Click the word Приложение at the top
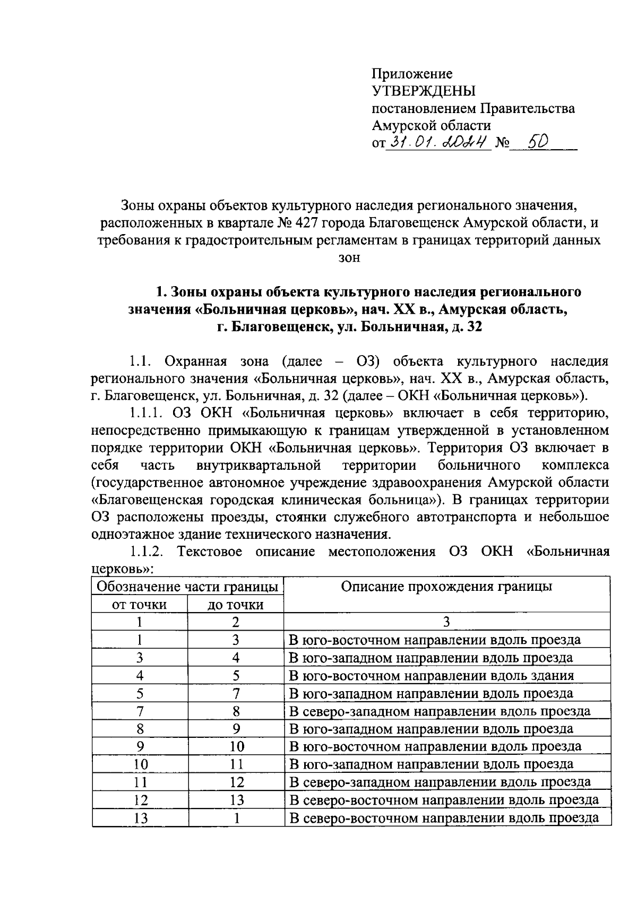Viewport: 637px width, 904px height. click(412, 74)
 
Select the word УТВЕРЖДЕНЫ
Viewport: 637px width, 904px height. click(424, 91)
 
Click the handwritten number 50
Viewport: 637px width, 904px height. click(533, 141)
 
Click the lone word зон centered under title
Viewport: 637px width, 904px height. click(349, 258)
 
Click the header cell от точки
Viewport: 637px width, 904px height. click(139, 604)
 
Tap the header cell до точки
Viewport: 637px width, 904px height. click(236, 604)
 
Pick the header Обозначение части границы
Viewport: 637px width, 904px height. click(187, 587)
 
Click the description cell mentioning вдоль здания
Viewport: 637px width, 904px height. click(431, 675)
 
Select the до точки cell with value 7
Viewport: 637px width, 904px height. click(236, 693)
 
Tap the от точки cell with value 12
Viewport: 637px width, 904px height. click(140, 800)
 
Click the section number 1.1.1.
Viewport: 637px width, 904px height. click(147, 413)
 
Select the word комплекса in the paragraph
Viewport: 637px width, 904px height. click(575, 465)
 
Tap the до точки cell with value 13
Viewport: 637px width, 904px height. click(236, 800)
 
